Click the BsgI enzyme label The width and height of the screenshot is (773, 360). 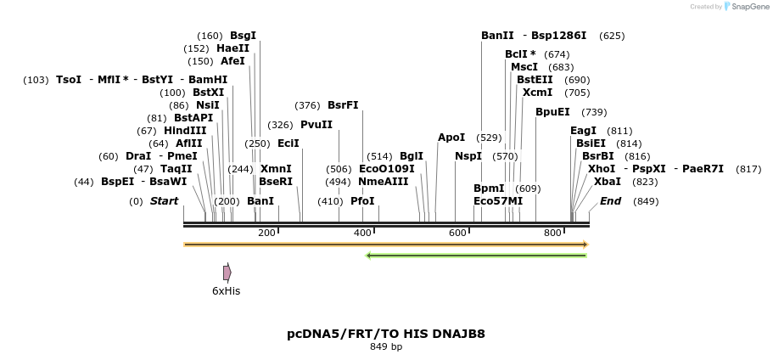click(243, 36)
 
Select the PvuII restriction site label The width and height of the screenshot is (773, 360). click(316, 125)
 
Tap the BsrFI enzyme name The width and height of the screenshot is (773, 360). click(343, 105)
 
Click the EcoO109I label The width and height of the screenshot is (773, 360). click(387, 169)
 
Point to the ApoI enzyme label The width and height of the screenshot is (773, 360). click(451, 138)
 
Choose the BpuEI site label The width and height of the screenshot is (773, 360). click(552, 112)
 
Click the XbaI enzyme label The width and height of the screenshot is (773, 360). click(608, 182)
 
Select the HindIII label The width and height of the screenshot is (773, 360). click(185, 131)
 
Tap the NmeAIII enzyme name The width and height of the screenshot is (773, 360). click(384, 182)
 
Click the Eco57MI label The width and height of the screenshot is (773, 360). click(498, 201)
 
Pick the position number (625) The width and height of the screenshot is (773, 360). click(612, 36)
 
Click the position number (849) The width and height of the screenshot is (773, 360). click(646, 201)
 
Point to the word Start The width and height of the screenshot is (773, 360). click(165, 201)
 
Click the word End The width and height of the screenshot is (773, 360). click(611, 201)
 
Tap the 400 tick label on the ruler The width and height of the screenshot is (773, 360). click(362, 233)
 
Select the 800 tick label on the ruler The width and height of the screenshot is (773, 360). click(552, 233)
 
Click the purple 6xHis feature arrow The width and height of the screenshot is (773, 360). click(227, 273)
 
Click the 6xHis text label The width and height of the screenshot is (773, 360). click(227, 291)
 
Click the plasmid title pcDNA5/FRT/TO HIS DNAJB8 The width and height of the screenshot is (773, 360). click(386, 334)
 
